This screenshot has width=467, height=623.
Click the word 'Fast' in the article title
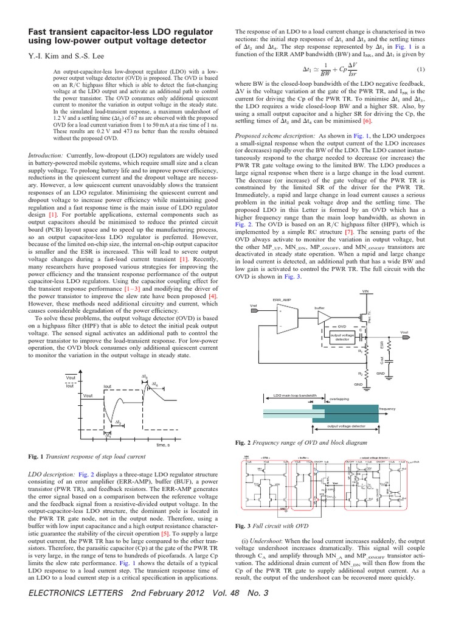coord(40,31)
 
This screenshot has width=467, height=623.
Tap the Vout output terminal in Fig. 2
coord(421,332)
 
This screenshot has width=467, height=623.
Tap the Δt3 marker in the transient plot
coord(145,378)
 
